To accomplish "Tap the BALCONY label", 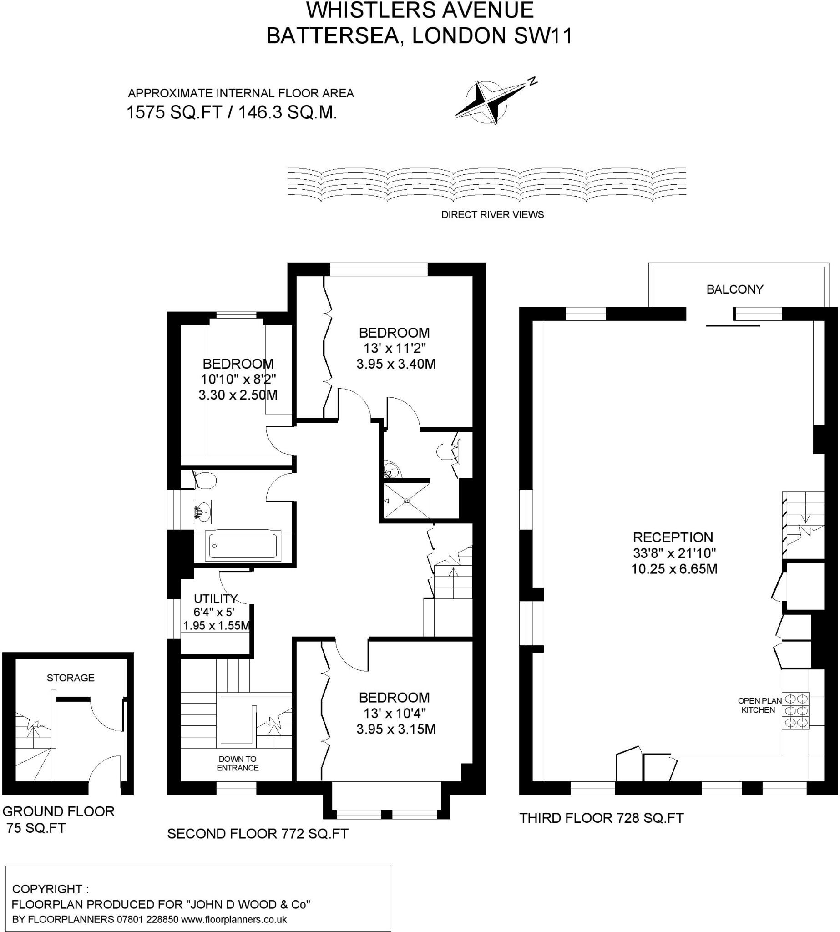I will [735, 289].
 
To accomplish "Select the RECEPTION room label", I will [673, 537].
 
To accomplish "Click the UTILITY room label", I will [215, 599].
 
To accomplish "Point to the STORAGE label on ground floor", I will [71, 678].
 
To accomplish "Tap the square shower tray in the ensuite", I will [407, 501].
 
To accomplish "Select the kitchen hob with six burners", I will [796, 710].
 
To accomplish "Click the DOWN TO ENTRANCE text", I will [238, 763].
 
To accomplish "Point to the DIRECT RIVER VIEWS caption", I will [492, 215].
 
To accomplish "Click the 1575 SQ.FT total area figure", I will [175, 112].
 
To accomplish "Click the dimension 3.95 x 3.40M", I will [396, 364].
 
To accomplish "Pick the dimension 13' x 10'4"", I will [395, 713].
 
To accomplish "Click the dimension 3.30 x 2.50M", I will [238, 395].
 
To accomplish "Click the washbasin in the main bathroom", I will [202, 512].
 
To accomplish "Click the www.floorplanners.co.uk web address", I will [234, 919].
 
